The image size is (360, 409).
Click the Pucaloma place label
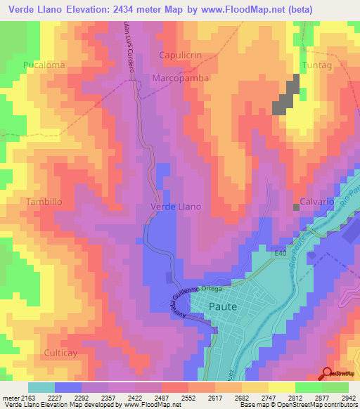click(44, 65)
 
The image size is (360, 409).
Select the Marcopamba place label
click(181, 79)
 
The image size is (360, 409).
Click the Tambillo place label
click(44, 202)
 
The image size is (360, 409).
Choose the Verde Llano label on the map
click(176, 207)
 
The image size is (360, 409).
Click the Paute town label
click(223, 306)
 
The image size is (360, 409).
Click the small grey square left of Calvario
click(296, 207)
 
